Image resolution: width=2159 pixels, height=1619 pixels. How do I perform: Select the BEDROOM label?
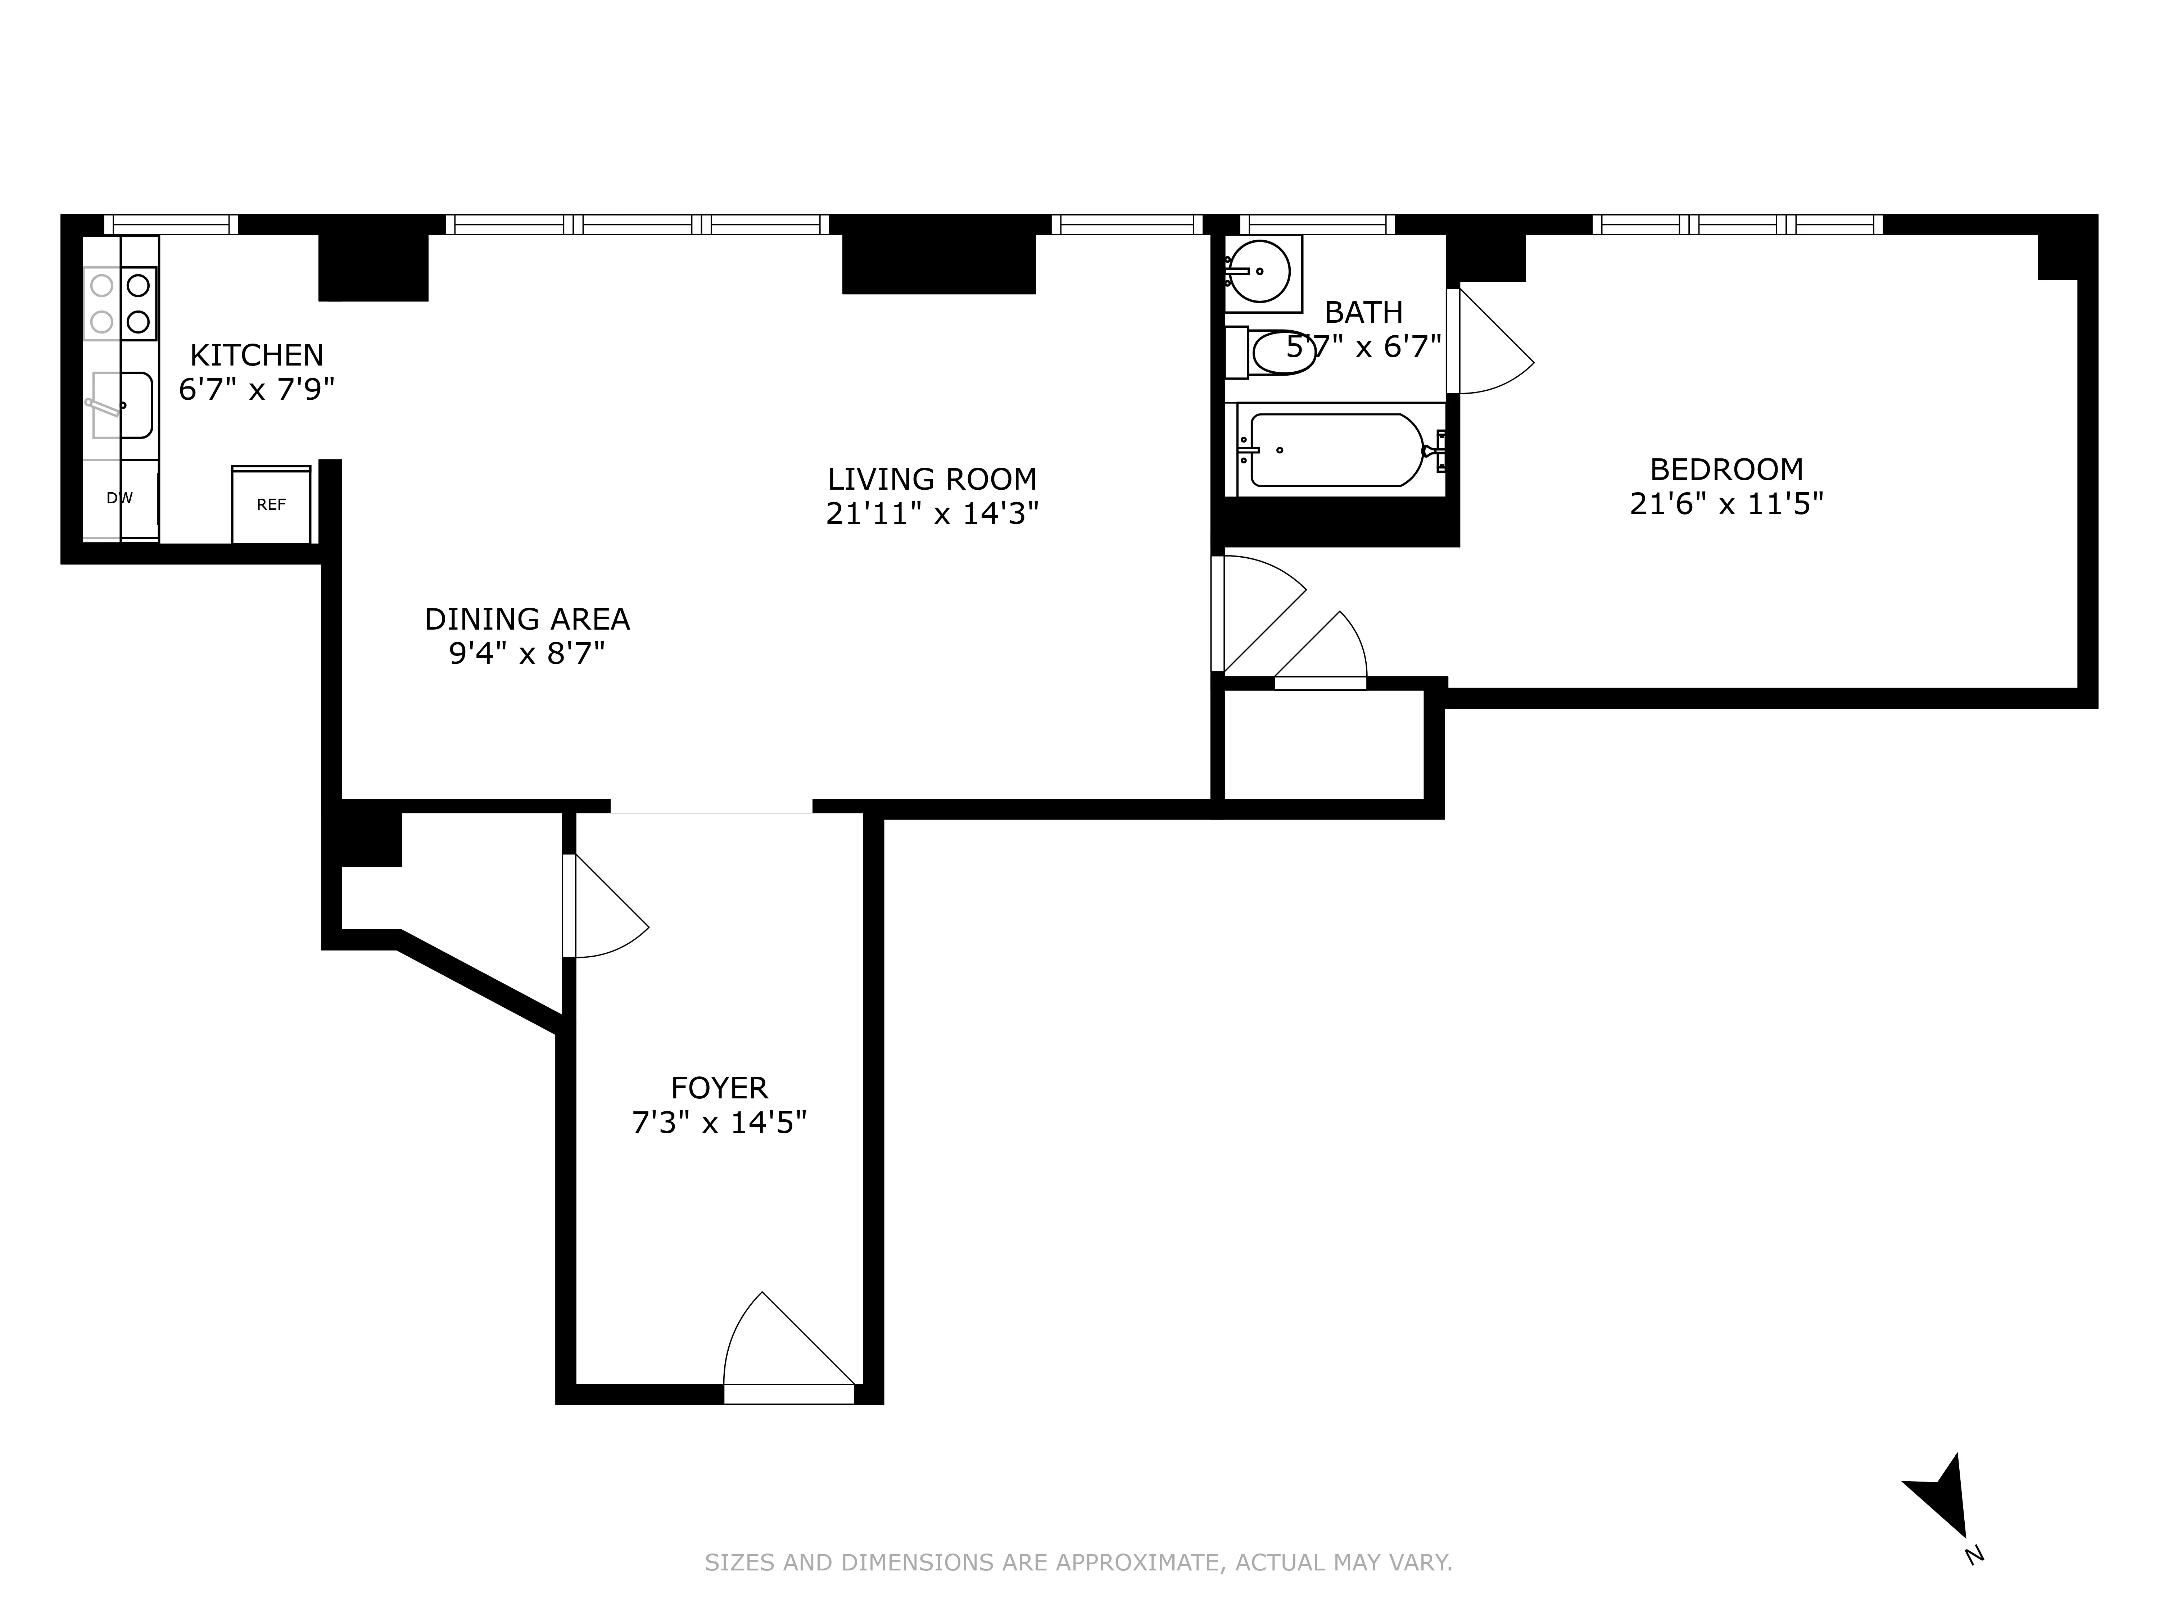(1726, 470)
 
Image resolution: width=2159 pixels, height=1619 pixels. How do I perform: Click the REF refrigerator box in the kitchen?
(271, 504)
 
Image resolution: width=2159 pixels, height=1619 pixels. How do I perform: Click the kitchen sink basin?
(123, 405)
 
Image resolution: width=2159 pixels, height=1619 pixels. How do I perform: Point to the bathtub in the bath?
(1335, 450)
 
